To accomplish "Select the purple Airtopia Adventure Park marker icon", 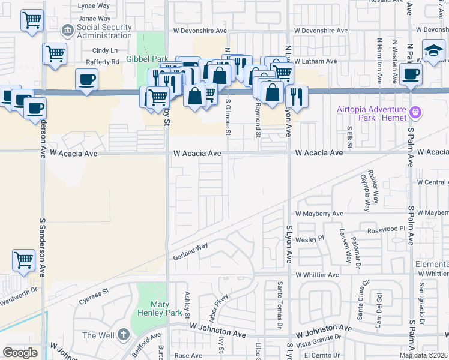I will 414,112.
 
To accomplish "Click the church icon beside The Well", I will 123,334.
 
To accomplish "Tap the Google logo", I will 20,352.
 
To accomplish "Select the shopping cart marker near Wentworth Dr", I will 23,260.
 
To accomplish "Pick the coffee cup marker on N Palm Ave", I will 411,74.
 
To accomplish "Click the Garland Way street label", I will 190,247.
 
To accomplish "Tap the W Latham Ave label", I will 316,61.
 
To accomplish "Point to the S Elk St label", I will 349,135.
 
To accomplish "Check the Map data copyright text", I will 424,355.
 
